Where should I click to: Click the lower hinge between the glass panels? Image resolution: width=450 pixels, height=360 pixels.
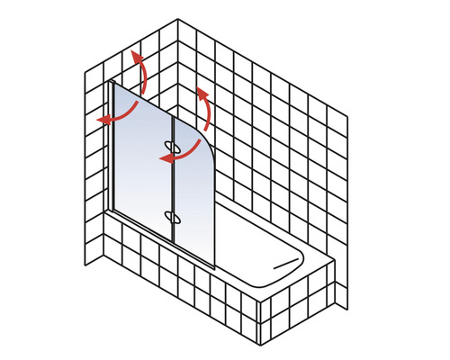(172, 215)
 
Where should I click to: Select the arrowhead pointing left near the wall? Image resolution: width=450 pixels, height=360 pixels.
(102, 119)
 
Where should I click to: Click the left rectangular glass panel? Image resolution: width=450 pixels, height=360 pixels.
(139, 162)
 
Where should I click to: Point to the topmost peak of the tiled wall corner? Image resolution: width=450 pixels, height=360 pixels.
(178, 19)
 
